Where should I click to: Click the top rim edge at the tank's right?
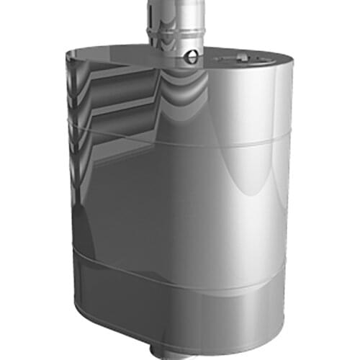(284, 65)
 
